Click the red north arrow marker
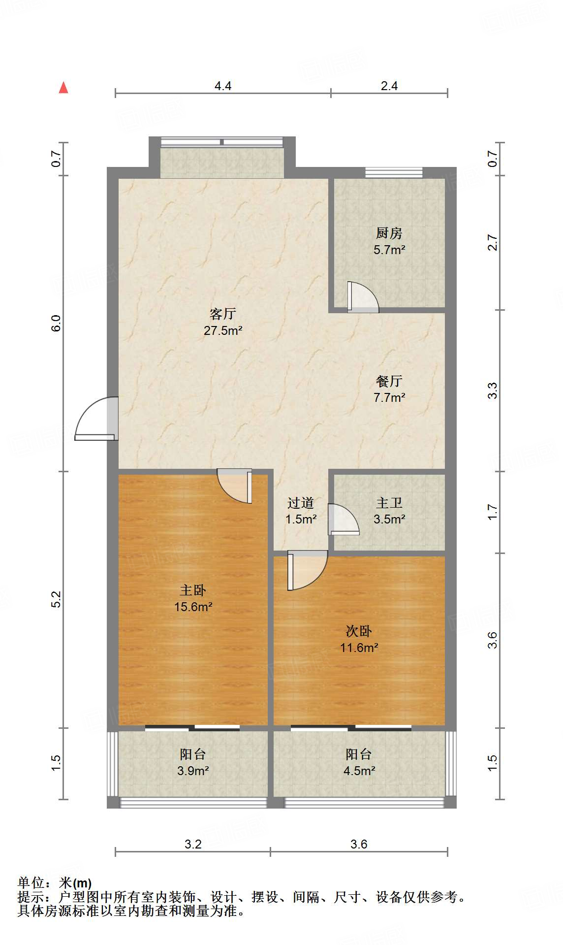tap(63, 88)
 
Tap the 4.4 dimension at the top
tap(223, 86)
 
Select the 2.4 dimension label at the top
tap(389, 86)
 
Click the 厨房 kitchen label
tap(389, 233)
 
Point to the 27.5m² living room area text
tap(223, 330)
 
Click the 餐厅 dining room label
tap(389, 381)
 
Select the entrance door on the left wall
tap(96, 419)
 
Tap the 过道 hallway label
tap(300, 503)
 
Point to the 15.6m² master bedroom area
tap(193, 607)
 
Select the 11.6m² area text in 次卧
tap(359, 648)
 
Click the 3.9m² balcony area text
tap(193, 771)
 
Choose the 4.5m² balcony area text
tap(359, 771)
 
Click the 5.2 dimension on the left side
tap(56, 599)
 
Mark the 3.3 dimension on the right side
tap(493, 391)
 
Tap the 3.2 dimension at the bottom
tap(193, 844)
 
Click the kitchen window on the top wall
tap(394, 172)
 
